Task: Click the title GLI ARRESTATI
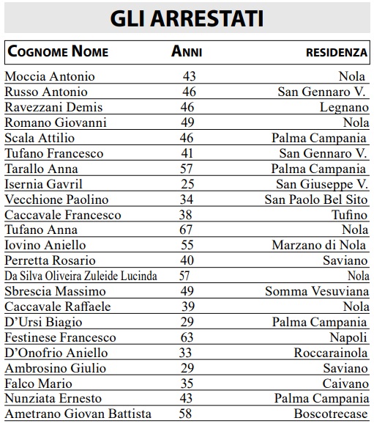point(187,18)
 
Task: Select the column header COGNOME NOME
point(58,52)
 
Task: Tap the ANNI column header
point(187,52)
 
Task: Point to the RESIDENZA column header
point(336,53)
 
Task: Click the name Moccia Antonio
point(50,76)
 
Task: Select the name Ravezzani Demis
point(53,107)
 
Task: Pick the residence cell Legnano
point(344,107)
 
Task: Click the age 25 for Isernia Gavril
point(188,184)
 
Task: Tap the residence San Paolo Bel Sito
point(316,199)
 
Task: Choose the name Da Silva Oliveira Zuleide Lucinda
point(81,276)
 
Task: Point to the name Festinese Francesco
point(60,337)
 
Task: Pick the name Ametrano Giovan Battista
point(78,414)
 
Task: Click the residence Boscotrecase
point(332,414)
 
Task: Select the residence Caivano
point(345,384)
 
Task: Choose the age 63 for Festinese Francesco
point(187,337)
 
